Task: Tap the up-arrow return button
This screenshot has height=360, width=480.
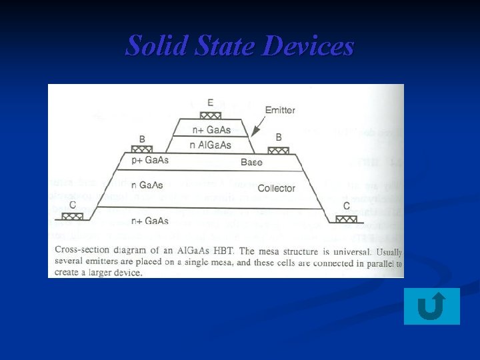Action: (x=431, y=307)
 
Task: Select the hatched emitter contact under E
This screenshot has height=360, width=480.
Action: (x=211, y=115)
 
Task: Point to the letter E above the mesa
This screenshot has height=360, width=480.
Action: (x=211, y=103)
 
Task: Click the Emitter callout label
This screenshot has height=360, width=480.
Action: (x=280, y=110)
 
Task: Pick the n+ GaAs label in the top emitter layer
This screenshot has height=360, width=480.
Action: (x=211, y=130)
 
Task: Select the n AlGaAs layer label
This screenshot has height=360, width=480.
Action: (x=211, y=145)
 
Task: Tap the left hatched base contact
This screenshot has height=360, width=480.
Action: (x=141, y=149)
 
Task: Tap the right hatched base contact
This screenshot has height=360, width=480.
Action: (x=279, y=150)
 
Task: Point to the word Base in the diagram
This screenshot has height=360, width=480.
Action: (x=251, y=162)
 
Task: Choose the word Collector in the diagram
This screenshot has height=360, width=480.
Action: (x=276, y=189)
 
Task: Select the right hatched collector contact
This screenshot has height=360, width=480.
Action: (x=346, y=217)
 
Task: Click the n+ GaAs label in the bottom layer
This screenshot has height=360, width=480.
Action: (x=150, y=221)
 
